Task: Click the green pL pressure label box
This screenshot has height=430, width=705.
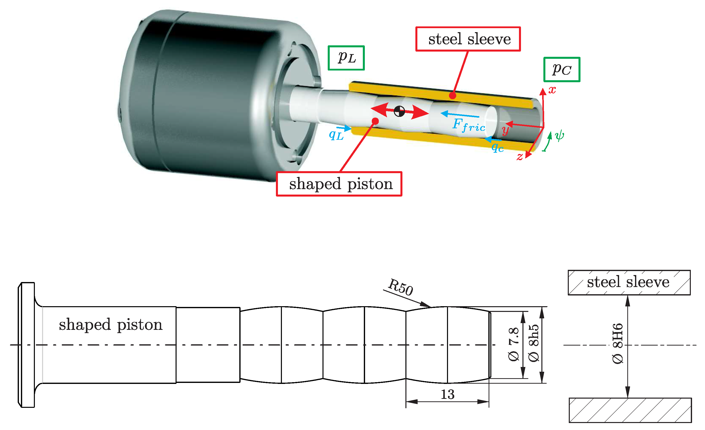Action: click(x=346, y=58)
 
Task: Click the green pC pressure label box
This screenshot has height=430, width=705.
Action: click(x=561, y=70)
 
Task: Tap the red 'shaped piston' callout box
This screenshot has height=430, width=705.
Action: click(x=339, y=184)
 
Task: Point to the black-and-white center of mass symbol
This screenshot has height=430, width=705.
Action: click(x=399, y=111)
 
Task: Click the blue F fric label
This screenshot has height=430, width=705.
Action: click(x=469, y=125)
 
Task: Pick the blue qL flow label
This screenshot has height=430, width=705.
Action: click(x=336, y=135)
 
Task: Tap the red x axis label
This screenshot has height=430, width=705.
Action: click(x=552, y=90)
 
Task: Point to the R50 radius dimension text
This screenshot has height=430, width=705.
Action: click(x=401, y=287)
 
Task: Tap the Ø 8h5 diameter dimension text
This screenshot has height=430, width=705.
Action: click(x=534, y=344)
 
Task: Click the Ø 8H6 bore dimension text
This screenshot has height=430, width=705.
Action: click(x=617, y=344)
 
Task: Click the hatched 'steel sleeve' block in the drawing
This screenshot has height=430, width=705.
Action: click(x=629, y=283)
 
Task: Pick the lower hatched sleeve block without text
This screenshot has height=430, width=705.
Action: click(x=630, y=410)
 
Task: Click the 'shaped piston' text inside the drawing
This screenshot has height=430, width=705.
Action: click(x=110, y=325)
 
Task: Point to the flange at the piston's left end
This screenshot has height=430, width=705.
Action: click(x=27, y=345)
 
